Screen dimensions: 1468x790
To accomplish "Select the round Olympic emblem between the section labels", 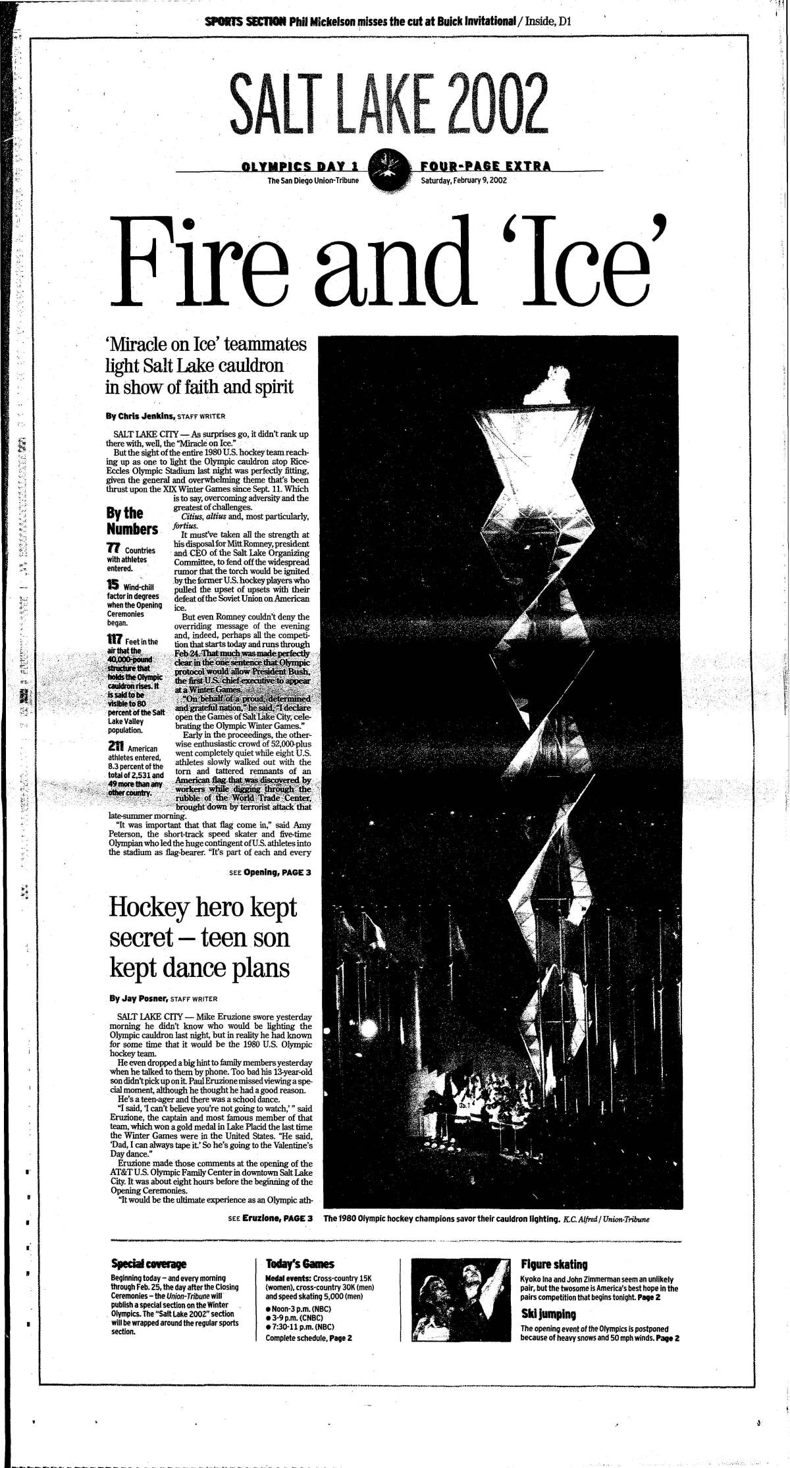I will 386,170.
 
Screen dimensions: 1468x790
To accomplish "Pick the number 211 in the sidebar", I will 115,747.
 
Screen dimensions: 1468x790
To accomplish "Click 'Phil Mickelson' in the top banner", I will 322,22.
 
